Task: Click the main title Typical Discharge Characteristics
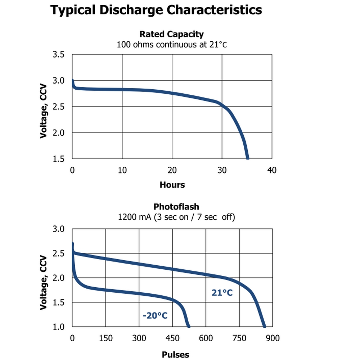tap(156, 10)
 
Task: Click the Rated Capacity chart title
tap(171, 34)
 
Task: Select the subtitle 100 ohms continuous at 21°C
tap(171, 45)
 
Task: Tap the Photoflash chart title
tap(176, 207)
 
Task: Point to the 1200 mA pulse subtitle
tap(176, 217)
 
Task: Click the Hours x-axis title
tap(172, 185)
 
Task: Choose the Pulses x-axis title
tap(175, 355)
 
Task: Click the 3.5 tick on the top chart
tap(59, 55)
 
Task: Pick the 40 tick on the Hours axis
tap(272, 170)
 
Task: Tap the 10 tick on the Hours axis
tap(122, 170)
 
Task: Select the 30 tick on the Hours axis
tap(222, 170)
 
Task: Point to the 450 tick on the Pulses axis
tap(172, 338)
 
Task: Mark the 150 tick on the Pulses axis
tap(105, 338)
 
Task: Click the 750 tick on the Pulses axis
tap(239, 338)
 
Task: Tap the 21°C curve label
tap(222, 293)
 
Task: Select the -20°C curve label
tap(155, 316)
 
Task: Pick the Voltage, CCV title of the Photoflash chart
tap(44, 283)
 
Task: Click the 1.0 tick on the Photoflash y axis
tap(59, 327)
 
